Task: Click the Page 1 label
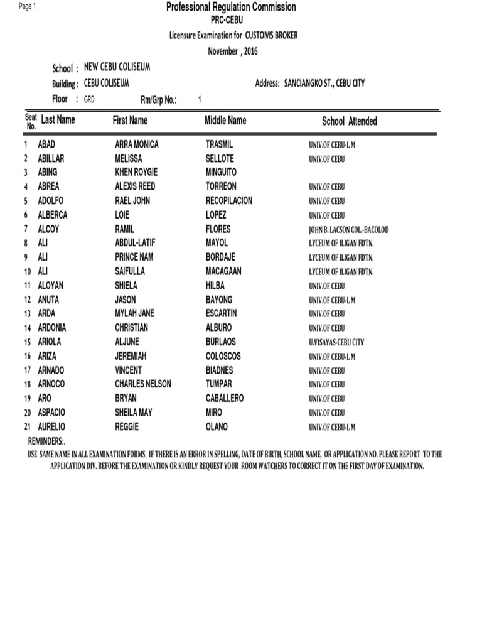(27, 6)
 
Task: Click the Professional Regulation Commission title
(230, 7)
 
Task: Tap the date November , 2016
(233, 51)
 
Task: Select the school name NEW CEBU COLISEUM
(117, 67)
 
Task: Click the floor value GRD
(89, 99)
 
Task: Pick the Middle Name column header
(225, 120)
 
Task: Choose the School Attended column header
(350, 121)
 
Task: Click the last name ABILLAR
(51, 158)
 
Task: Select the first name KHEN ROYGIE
(136, 172)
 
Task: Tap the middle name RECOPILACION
(229, 200)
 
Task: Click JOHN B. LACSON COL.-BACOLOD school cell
(348, 230)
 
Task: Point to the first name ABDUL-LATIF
(134, 243)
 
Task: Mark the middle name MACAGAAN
(223, 271)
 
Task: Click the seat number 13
(28, 314)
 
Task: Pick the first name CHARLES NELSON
(142, 384)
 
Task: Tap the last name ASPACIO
(51, 413)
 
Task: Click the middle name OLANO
(217, 427)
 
